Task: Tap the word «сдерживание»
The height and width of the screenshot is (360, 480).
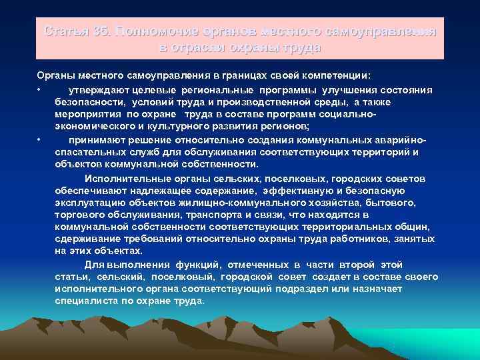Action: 84,239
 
